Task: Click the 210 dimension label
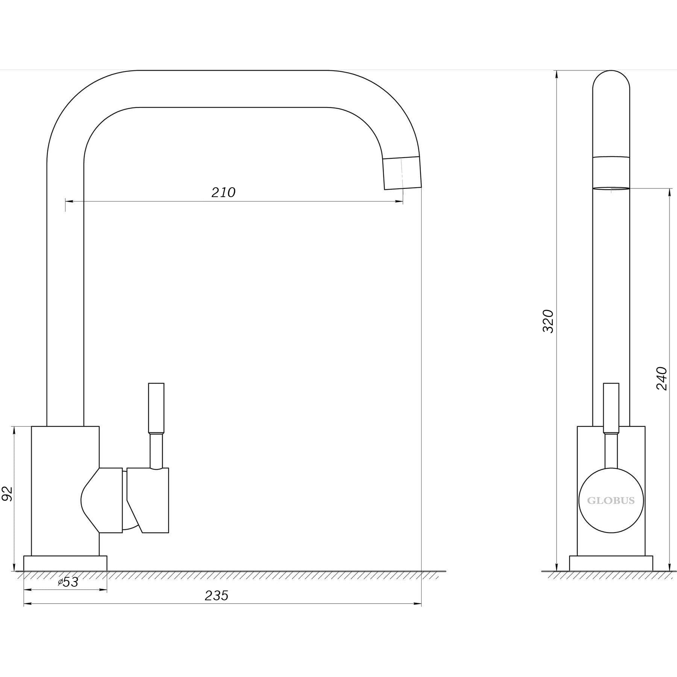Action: (x=223, y=192)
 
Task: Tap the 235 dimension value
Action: (x=216, y=606)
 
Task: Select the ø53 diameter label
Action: (x=68, y=592)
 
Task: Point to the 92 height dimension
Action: (x=8, y=493)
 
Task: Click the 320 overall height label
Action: (x=548, y=321)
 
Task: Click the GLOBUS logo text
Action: (x=611, y=501)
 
